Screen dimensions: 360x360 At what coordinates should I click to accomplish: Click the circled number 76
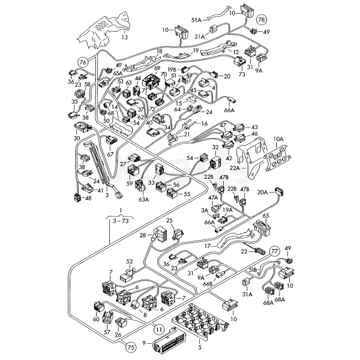click(x=83, y=62)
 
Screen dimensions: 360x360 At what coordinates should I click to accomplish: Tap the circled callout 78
click(x=260, y=20)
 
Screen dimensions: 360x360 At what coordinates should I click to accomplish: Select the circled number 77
click(x=274, y=250)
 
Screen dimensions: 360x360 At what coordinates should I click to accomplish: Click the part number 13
click(x=125, y=37)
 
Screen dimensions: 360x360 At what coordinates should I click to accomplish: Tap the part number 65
click(x=266, y=214)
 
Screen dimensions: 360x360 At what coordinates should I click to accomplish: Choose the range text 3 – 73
click(x=121, y=221)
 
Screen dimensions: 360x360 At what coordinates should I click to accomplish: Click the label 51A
click(x=197, y=20)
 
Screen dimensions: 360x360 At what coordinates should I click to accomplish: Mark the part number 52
click(x=129, y=261)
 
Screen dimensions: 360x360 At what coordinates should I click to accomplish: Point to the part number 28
click(x=143, y=236)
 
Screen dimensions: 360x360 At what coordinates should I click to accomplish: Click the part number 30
click(x=76, y=138)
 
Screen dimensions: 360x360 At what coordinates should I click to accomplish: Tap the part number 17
click(x=206, y=245)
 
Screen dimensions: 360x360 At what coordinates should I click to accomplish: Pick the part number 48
click(x=88, y=199)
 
